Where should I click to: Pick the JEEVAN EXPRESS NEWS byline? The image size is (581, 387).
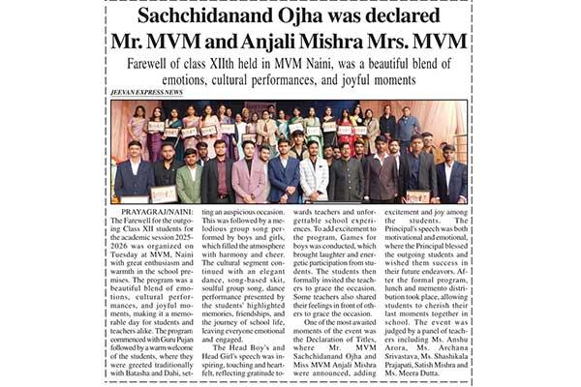pyautogui.click(x=146, y=92)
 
